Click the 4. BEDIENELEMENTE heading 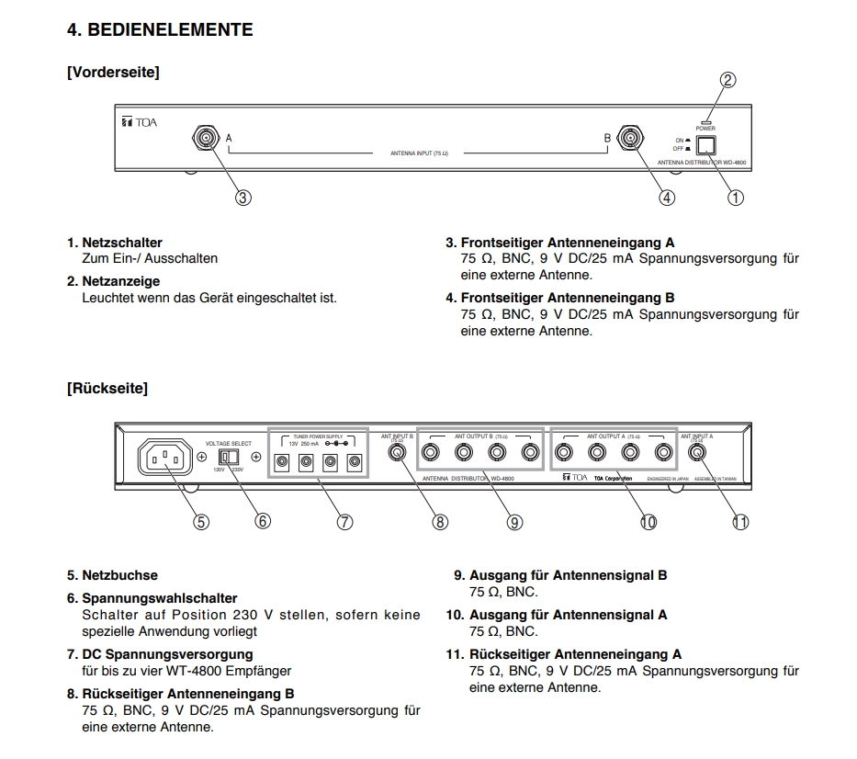tap(160, 30)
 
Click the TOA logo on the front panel tap(139, 122)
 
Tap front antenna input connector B tap(629, 139)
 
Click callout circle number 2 tap(727, 80)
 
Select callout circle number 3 tap(243, 197)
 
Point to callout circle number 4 tap(667, 197)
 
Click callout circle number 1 tap(736, 197)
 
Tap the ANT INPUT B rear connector tap(400, 452)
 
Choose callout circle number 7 tap(344, 521)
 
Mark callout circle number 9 tap(514, 521)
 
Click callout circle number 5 tap(200, 521)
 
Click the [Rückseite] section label tap(107, 389)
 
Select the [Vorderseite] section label tap(113, 73)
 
